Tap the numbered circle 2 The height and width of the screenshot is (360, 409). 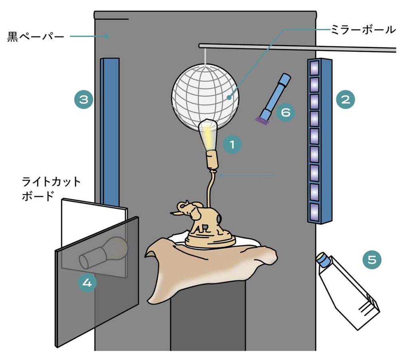pos(345,99)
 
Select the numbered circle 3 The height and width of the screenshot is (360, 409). pos(83,99)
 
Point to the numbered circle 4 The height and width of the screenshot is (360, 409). pos(87,283)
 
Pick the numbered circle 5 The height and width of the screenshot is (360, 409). pos(372,260)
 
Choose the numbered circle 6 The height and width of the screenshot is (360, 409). pos(285,112)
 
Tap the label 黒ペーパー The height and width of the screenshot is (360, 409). pos(36,37)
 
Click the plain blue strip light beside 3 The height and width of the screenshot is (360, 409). pos(110,132)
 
